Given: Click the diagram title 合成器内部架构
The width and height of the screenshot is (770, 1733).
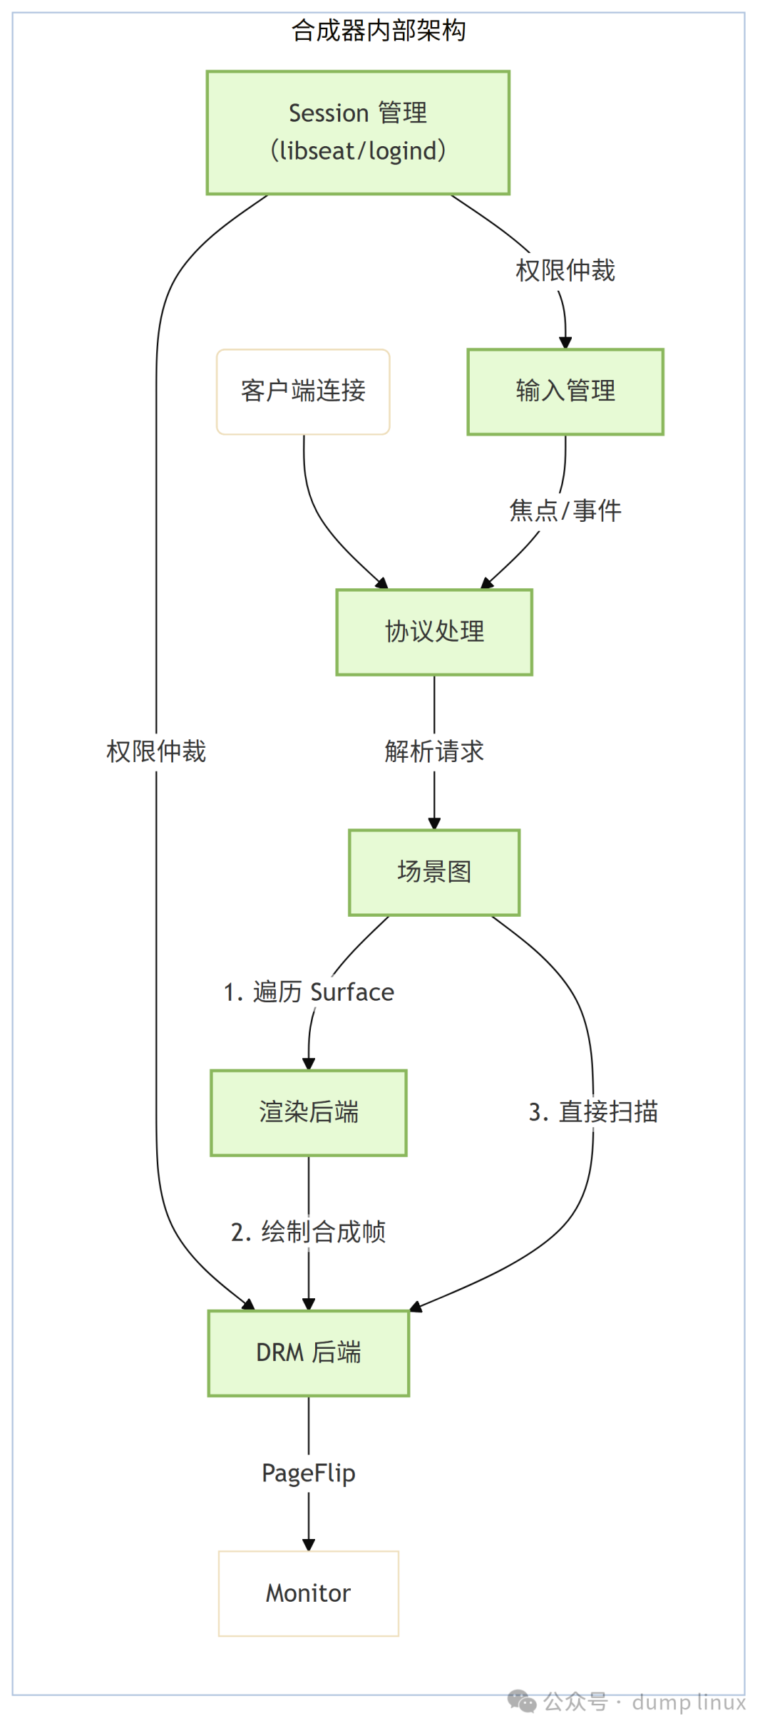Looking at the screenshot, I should click(379, 31).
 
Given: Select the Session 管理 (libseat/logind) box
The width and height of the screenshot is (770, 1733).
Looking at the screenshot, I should click(358, 133).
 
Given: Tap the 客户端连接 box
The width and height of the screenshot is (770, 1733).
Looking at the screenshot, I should click(303, 391).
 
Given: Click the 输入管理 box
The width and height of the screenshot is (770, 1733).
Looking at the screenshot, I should click(565, 391).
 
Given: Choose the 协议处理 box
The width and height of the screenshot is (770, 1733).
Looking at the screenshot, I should click(434, 632).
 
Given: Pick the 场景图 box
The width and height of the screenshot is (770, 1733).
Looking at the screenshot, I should click(434, 872).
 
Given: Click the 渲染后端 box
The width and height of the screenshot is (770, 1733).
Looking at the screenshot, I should click(309, 1112).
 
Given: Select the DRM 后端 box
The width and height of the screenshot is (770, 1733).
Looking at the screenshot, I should click(309, 1352).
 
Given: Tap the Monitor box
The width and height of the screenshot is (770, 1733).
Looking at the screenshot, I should click(309, 1593).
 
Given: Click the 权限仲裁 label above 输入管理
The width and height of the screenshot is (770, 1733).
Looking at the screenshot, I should click(565, 271).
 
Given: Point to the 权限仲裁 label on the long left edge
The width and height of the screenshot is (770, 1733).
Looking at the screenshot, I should click(156, 751).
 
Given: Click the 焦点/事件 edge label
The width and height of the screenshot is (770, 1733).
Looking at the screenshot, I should click(565, 511).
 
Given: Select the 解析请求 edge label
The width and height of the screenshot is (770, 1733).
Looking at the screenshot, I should click(434, 751).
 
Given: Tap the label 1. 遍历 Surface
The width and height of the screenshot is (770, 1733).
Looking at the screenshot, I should click(309, 992).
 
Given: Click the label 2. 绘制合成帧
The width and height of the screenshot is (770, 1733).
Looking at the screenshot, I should click(309, 1232).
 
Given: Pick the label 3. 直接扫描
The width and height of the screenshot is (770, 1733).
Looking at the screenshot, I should click(593, 1112).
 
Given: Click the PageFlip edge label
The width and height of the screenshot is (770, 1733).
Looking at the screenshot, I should click(309, 1473).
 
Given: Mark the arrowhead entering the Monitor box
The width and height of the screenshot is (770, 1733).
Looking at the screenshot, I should click(309, 1544).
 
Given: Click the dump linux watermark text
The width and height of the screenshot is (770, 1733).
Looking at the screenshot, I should click(689, 1702).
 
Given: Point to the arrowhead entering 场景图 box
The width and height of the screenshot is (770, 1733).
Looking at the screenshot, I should click(434, 823).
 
